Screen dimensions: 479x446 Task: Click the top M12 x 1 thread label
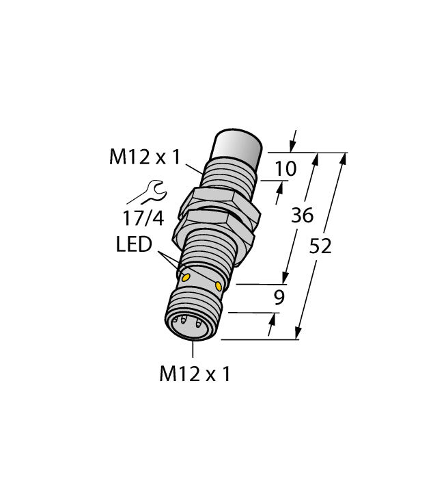[144, 158]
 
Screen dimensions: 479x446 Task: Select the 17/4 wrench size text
[143, 219]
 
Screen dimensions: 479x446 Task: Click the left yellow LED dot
[185, 276]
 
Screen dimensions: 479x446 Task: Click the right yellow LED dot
[219, 285]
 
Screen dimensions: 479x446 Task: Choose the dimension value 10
[285, 168]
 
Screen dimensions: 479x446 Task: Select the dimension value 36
[302, 216]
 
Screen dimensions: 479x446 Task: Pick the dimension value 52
[320, 246]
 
